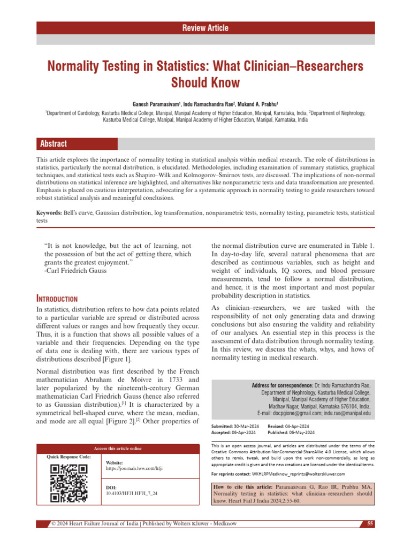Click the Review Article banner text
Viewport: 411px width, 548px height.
point(205,28)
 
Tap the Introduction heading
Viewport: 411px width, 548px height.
point(56,299)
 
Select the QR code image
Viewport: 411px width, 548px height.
point(68,484)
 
